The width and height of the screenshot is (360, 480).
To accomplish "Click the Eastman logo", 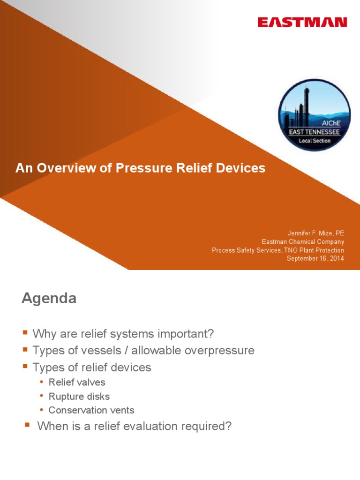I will coord(302,22).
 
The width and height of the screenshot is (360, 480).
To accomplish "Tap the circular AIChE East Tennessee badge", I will coord(314,115).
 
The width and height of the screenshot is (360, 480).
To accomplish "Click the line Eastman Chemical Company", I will coord(303,242).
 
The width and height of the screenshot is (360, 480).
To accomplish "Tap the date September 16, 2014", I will coord(315,259).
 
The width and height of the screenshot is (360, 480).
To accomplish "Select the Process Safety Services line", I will coord(277,250).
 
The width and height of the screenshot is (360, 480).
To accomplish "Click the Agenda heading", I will coord(49,299).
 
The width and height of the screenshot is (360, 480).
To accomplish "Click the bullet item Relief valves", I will coord(77,382).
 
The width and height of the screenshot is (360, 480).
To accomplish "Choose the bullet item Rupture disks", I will coord(79,397).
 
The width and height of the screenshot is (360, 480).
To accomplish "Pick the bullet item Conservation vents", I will coord(91,410).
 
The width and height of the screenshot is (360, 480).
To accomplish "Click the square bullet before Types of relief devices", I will coord(25,367).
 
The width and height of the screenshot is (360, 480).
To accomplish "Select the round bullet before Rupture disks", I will coord(42,397).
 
